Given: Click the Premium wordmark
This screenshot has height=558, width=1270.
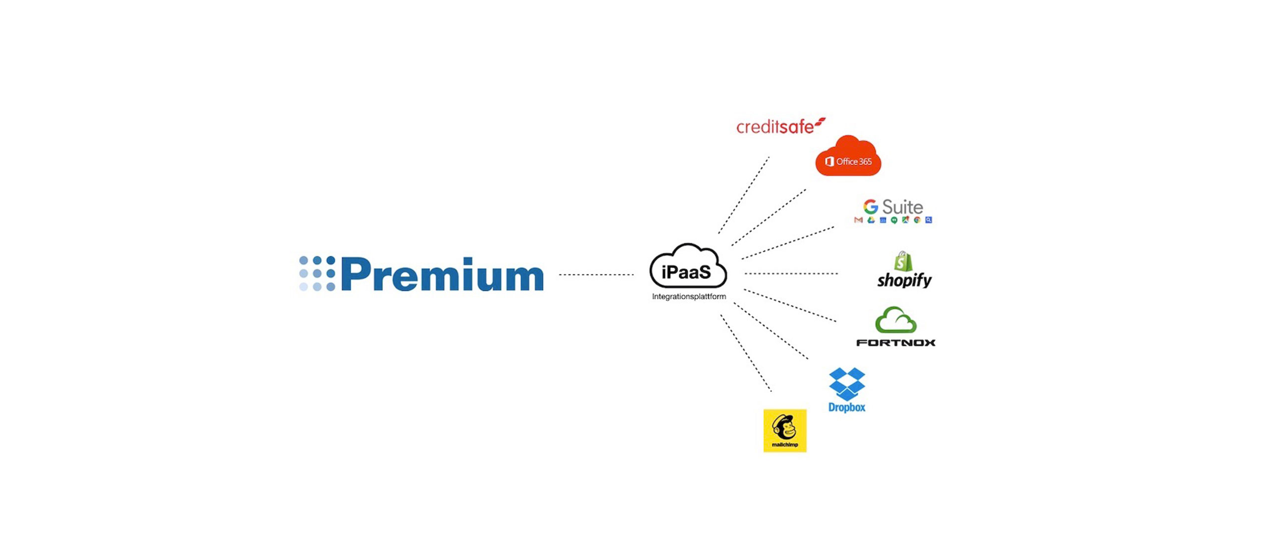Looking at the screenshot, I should pos(442,274).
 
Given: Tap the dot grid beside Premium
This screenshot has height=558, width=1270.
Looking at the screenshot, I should pos(317,273).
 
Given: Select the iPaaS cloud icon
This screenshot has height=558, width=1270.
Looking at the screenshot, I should pos(687,266).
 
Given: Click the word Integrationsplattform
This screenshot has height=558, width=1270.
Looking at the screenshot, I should pos(689,296).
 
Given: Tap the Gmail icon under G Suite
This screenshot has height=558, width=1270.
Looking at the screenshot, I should pos(858,220).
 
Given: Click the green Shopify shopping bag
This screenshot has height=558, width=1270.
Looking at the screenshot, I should pos(903,261).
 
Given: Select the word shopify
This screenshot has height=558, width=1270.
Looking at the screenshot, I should pos(904,280).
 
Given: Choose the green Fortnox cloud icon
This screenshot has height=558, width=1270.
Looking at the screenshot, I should pos(895,320).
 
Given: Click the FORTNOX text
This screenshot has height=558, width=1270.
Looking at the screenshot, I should pos(895,343).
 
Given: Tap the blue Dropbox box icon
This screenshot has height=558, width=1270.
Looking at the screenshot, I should pos(847,383).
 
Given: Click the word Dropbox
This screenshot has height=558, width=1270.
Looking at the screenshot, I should pos(847,408).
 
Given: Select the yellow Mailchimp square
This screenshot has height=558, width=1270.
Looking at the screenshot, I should pos(784,430).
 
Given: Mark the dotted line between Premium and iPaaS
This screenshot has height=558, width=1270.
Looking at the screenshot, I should pos(596,274).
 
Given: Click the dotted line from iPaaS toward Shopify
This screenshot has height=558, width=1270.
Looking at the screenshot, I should pos(791,274).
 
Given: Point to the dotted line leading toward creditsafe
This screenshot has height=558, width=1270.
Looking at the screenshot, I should pos(744,195).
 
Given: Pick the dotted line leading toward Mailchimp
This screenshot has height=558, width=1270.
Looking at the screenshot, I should pos(746,353).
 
